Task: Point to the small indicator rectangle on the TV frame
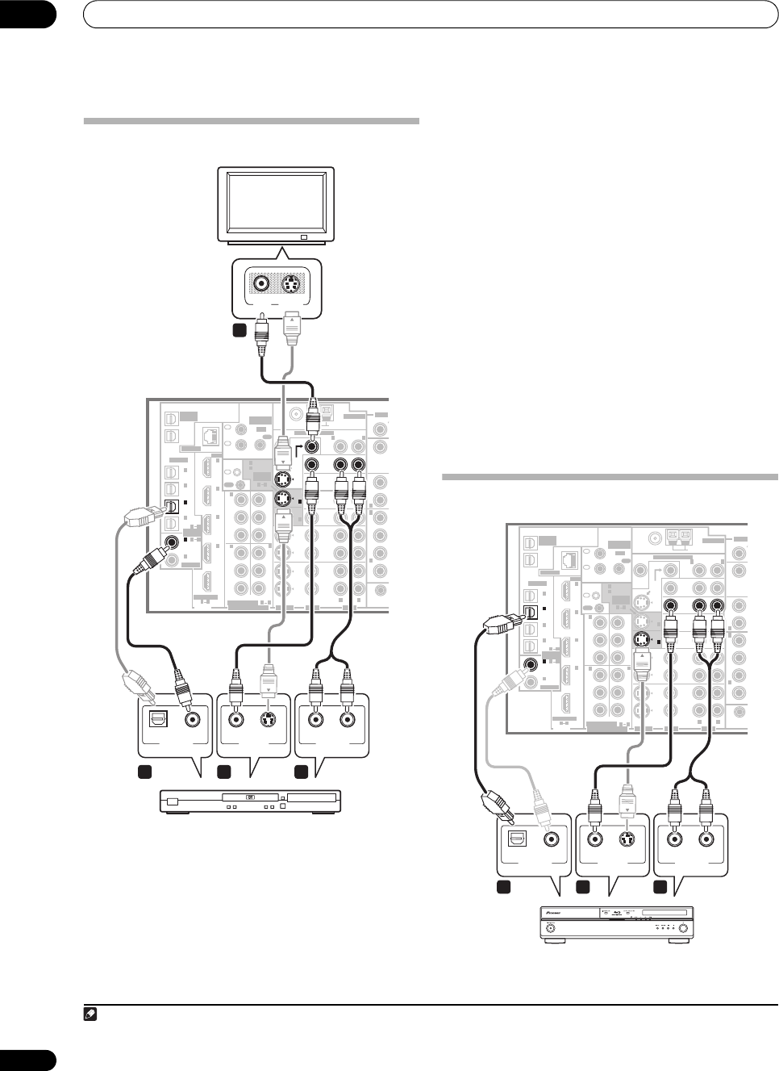coord(302,237)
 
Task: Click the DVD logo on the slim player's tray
coord(251,796)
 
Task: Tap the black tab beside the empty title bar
coord(28,14)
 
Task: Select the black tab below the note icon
coord(28,1060)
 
